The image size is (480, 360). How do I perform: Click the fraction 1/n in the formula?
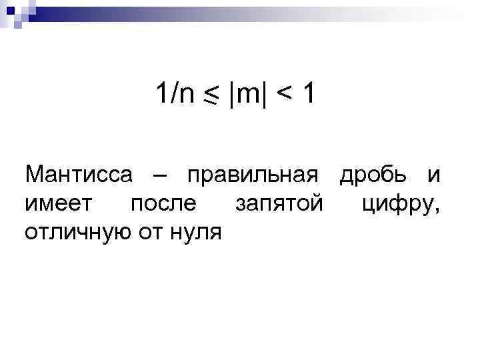[175, 96]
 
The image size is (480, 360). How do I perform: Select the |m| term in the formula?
[247, 96]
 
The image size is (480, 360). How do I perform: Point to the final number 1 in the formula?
[308, 95]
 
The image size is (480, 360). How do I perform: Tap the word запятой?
[279, 204]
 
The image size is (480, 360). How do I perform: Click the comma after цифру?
[437, 211]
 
